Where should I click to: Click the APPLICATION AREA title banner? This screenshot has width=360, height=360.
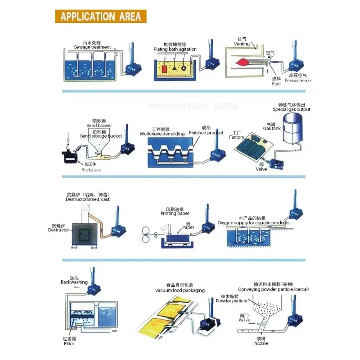tap(100, 16)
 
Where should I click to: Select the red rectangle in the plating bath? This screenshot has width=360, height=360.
tap(164, 69)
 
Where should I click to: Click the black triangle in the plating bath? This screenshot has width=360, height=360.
tap(175, 68)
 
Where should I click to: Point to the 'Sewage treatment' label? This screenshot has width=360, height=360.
tap(92, 47)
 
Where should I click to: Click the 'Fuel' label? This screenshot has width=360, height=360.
tap(276, 84)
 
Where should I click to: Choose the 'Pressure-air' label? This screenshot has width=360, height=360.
tap(298, 80)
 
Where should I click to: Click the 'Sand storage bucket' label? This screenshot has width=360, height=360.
tap(101, 136)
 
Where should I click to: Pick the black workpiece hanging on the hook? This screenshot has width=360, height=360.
tap(70, 156)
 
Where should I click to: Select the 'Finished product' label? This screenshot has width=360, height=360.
tap(206, 133)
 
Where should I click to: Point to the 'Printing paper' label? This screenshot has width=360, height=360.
tap(175, 213)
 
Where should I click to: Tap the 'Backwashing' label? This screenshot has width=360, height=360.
tap(74, 282)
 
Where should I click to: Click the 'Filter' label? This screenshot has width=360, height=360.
tap(69, 343)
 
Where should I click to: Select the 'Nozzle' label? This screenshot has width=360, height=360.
tap(261, 343)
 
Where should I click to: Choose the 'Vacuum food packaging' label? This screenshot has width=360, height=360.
tap(180, 290)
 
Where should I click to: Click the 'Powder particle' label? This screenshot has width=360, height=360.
tap(231, 301)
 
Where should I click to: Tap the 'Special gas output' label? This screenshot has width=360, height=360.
tap(291, 109)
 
